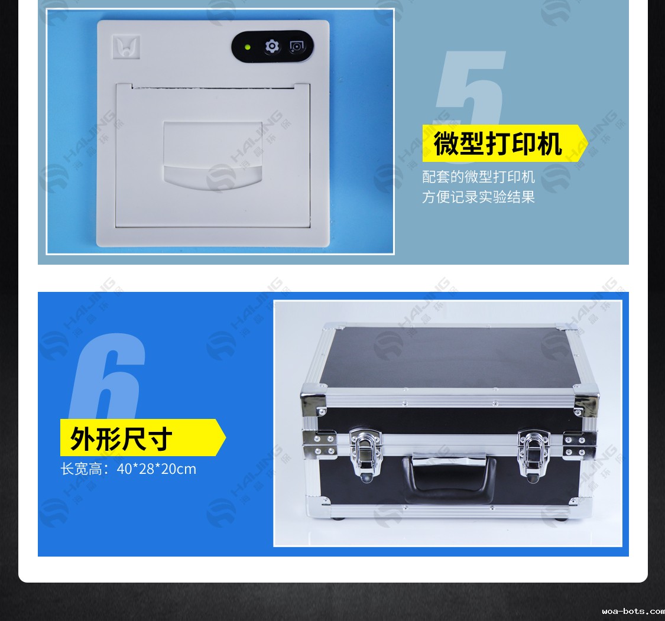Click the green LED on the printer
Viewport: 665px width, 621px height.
248,47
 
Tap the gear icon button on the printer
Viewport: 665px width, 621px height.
272,46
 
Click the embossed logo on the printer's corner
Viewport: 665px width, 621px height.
126,47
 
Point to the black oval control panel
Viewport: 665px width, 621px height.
273,47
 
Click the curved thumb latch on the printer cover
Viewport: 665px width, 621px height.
212,177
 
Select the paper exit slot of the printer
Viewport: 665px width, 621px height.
213,87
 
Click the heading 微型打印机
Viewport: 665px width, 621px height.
498,144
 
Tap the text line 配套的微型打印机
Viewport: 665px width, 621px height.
478,177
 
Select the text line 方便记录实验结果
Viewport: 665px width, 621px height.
478,197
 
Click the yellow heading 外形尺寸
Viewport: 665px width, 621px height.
121,439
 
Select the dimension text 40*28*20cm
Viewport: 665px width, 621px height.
157,469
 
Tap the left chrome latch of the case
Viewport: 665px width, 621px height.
365,455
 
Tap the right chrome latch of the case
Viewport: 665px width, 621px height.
534,456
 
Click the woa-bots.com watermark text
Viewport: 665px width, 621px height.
633,611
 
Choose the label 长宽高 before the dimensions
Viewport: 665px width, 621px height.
80,469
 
